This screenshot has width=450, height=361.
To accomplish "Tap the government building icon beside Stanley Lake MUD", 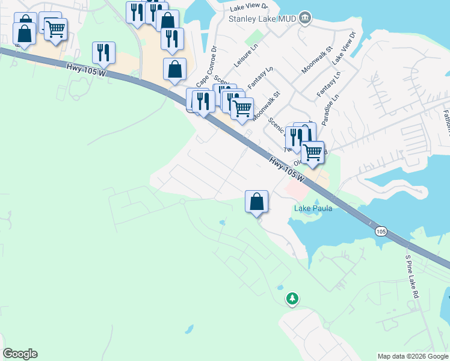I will [305, 17].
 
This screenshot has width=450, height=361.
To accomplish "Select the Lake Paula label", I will [313, 209].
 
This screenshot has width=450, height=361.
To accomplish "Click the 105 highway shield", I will [380, 230].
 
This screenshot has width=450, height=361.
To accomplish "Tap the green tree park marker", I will [292, 298].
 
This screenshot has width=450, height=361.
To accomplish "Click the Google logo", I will [20, 354].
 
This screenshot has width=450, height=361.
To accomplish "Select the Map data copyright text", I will [413, 356].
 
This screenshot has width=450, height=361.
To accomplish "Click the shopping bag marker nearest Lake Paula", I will [256, 202].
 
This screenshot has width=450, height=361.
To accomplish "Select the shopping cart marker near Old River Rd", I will [312, 153].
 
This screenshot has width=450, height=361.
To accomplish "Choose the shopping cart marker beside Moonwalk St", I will [242, 109].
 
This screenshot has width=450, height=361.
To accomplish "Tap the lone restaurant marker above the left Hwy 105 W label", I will [104, 53].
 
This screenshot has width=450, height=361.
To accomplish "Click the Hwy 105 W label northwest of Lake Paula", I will [288, 170].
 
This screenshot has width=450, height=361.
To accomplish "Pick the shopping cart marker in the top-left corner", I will [55, 28].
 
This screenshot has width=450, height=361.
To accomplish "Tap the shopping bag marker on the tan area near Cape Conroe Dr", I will [174, 69].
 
